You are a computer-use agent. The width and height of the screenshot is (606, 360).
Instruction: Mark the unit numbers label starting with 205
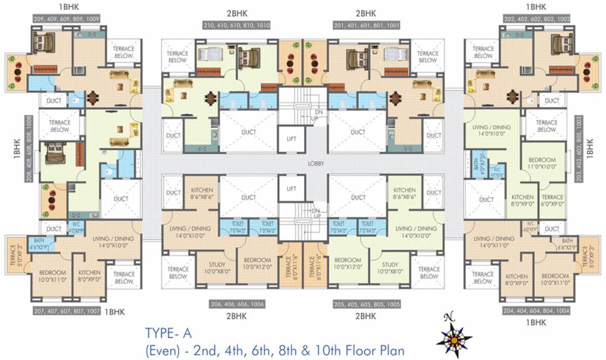coord(367,304)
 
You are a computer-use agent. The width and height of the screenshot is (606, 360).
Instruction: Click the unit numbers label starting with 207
coord(66,311)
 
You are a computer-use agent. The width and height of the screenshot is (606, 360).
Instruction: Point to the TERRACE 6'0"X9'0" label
coord(552,200)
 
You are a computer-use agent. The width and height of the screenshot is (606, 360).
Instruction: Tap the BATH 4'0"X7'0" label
coord(477,164)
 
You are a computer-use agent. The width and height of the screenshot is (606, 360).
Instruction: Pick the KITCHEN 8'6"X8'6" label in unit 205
coord(404,194)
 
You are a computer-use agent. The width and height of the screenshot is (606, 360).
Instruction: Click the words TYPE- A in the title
coord(168,333)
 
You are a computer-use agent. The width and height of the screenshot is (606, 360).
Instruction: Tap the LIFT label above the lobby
coord(292,139)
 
